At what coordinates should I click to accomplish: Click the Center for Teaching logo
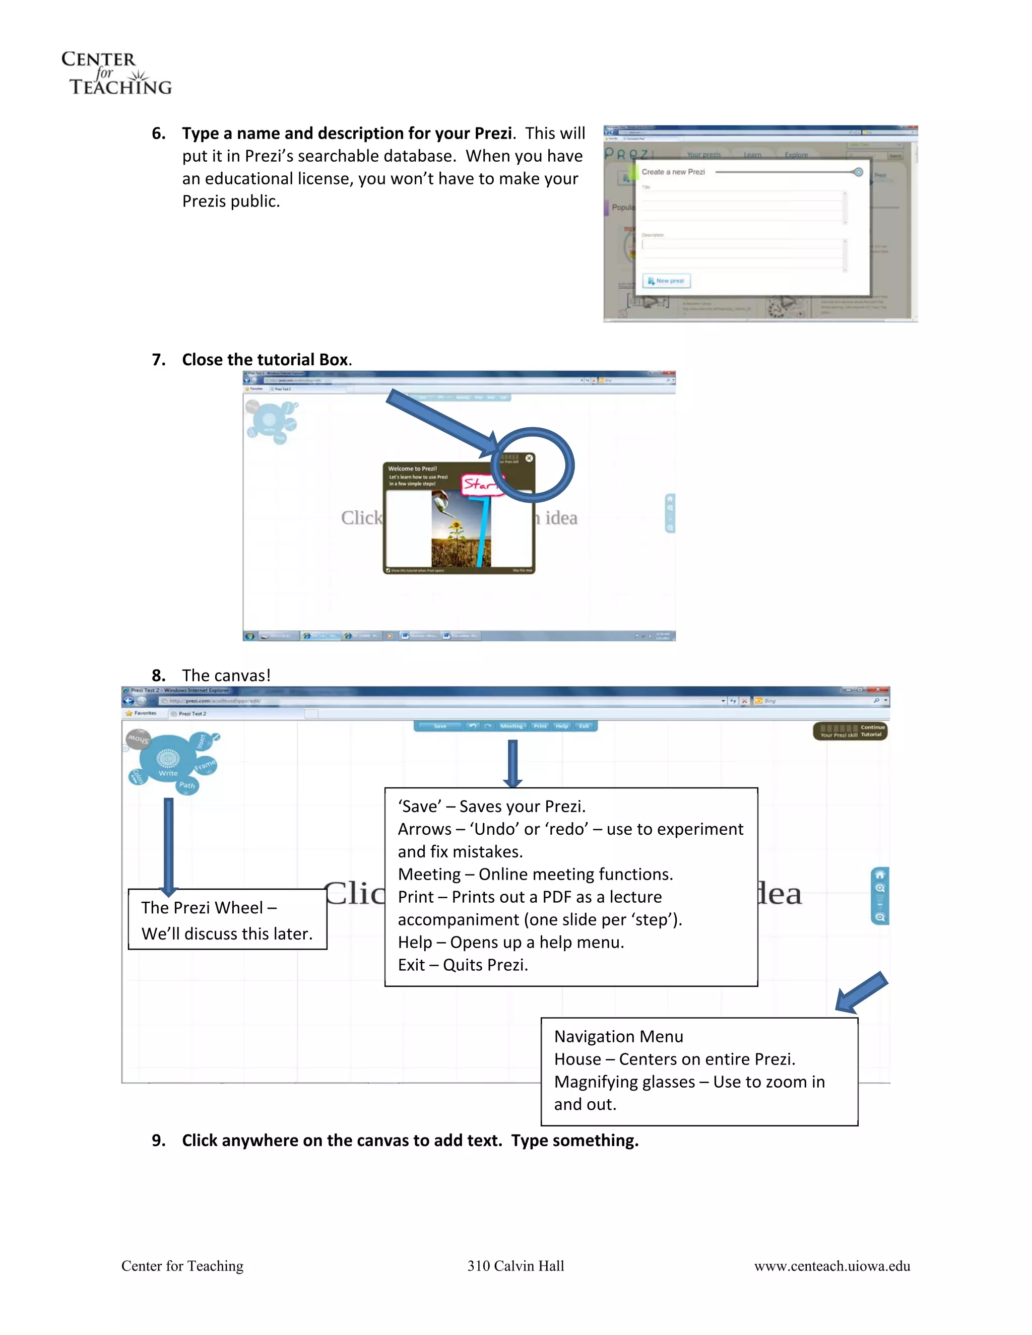pyautogui.click(x=116, y=73)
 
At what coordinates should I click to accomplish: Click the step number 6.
pyautogui.click(x=158, y=134)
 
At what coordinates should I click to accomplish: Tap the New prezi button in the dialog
pyautogui.click(x=666, y=281)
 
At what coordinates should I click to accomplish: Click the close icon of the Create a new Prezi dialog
pyautogui.click(x=858, y=172)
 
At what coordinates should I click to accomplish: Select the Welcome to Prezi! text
pyautogui.click(x=412, y=469)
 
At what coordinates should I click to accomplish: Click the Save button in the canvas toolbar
pyautogui.click(x=439, y=726)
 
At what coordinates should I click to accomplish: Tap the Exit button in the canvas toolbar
pyautogui.click(x=584, y=726)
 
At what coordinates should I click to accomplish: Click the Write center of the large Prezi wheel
pyautogui.click(x=168, y=762)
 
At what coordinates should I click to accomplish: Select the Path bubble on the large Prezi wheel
pyautogui.click(x=187, y=785)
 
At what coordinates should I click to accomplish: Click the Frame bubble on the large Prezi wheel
pyautogui.click(x=206, y=765)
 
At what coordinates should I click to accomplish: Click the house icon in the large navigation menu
pyautogui.click(x=880, y=875)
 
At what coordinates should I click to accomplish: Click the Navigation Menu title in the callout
pyautogui.click(x=618, y=1037)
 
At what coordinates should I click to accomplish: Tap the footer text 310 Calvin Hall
pyautogui.click(x=515, y=1266)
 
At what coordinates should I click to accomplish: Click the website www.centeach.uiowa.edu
pyautogui.click(x=831, y=1266)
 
